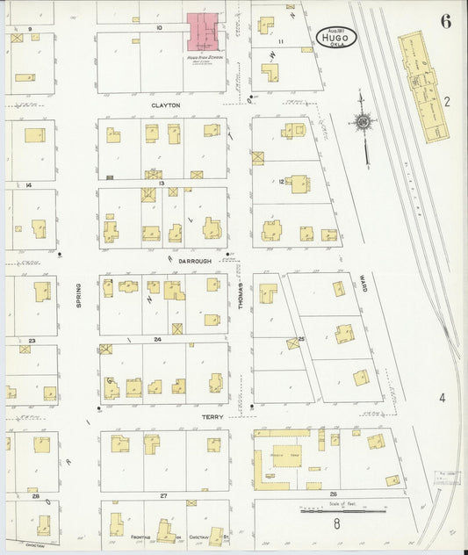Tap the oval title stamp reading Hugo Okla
coord(338,35)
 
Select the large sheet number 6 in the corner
coord(445,22)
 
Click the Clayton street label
coord(165,105)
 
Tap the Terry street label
coord(212,417)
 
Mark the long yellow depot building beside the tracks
coord(423,88)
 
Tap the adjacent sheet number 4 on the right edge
coord(443,398)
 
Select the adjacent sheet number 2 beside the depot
coord(446,102)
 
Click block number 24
coord(158,339)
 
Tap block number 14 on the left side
coord(29,185)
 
